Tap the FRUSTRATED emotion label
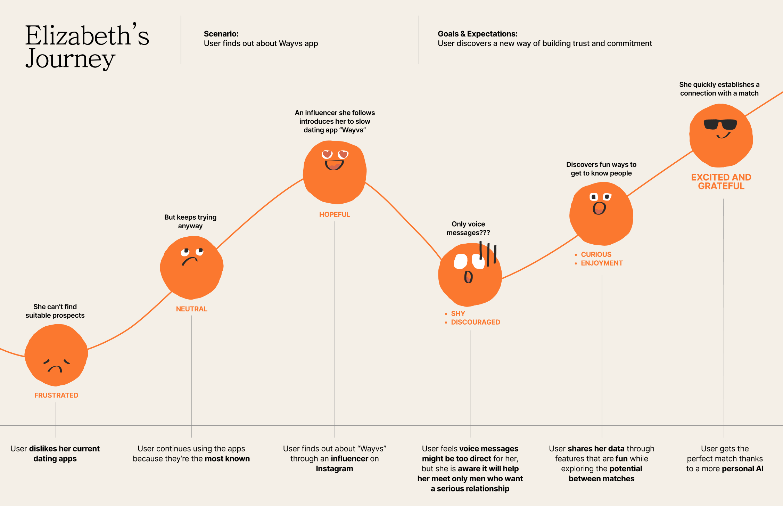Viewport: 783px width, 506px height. (56, 395)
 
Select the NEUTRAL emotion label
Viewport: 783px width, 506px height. (191, 309)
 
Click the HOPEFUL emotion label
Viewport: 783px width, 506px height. (335, 214)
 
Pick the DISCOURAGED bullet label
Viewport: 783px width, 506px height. (475, 322)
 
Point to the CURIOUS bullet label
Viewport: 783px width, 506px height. (596, 254)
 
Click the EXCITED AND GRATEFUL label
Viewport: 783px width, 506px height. (721, 181)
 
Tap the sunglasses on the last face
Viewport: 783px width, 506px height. (720, 124)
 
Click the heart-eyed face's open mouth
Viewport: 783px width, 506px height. (334, 165)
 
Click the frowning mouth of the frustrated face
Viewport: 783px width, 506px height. (55, 369)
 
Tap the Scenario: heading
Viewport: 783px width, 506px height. (221, 34)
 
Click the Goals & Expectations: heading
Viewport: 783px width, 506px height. (477, 34)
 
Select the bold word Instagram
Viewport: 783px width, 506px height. (334, 468)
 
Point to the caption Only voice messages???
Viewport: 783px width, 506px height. (468, 228)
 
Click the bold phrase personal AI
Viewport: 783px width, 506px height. (742, 468)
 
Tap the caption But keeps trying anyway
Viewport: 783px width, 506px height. (190, 221)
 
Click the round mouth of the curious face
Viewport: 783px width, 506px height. (599, 208)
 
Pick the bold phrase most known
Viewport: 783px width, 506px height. (227, 458)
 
